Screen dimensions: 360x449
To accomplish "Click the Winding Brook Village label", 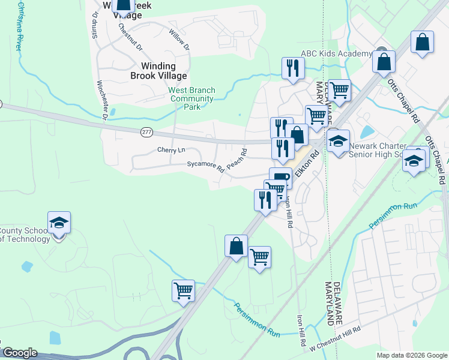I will click(x=159, y=71).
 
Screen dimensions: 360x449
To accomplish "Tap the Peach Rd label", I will click(x=237, y=160).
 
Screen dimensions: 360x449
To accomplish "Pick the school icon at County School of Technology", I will click(x=59, y=223).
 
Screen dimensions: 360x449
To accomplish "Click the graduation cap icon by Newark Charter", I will click(x=338, y=142).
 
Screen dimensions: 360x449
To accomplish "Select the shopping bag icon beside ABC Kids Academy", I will click(x=384, y=62).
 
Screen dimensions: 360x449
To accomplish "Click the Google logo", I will click(x=20, y=353).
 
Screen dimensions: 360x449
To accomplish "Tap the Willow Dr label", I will click(x=179, y=39).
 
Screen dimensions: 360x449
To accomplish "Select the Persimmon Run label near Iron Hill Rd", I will click(x=258, y=319).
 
